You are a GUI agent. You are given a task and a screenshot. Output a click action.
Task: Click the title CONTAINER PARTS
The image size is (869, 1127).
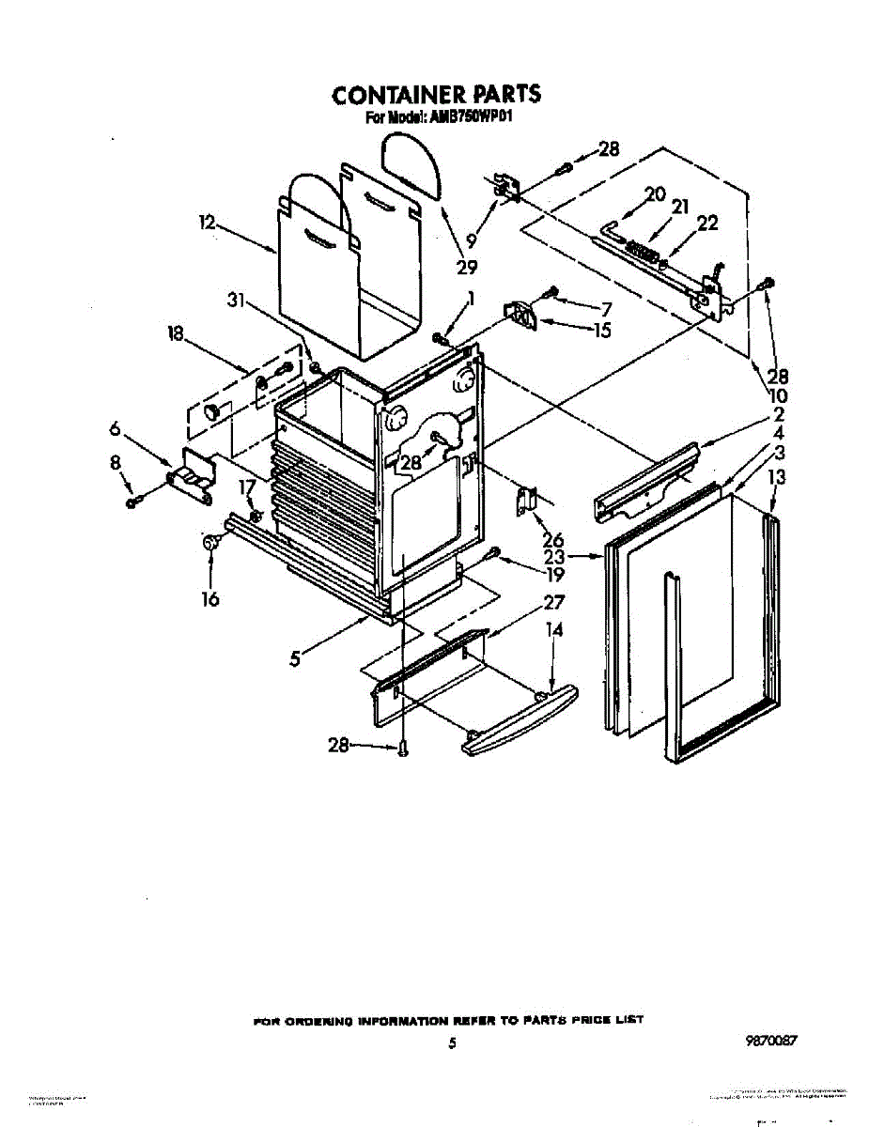point(436,95)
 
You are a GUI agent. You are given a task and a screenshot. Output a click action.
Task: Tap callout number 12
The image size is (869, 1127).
point(208,223)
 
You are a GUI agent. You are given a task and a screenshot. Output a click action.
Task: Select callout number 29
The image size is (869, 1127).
point(467,267)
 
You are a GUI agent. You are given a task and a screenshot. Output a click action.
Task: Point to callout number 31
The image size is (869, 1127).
point(237,301)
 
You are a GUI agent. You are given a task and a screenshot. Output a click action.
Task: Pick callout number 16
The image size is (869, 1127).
point(210,598)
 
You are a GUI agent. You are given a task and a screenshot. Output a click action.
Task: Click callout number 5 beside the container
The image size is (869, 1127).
point(295,658)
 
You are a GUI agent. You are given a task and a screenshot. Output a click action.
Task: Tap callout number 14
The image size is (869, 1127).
point(554,631)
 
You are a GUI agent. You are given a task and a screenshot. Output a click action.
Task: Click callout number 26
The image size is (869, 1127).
point(552,540)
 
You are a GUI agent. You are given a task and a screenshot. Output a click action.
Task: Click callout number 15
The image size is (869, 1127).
point(601,330)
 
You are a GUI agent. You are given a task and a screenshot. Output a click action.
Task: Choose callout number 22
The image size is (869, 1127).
point(706,224)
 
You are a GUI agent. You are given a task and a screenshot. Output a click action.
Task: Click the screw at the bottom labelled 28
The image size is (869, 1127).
point(402,748)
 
